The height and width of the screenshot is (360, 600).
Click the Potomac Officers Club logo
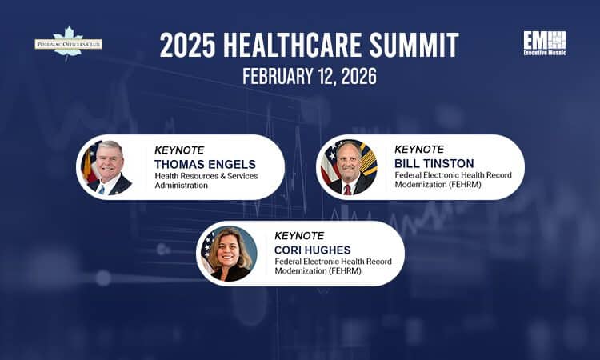68,43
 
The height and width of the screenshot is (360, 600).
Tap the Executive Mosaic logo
544,43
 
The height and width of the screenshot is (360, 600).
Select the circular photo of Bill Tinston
348,166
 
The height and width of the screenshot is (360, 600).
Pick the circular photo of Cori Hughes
229,254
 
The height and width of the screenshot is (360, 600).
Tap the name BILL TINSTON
434,163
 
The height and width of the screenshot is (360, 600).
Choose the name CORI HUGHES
312,250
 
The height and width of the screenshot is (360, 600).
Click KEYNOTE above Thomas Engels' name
179,150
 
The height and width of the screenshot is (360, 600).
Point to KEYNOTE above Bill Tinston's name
419,149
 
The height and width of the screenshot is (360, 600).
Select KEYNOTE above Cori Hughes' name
299,236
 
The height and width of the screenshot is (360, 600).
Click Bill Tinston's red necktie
347,189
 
